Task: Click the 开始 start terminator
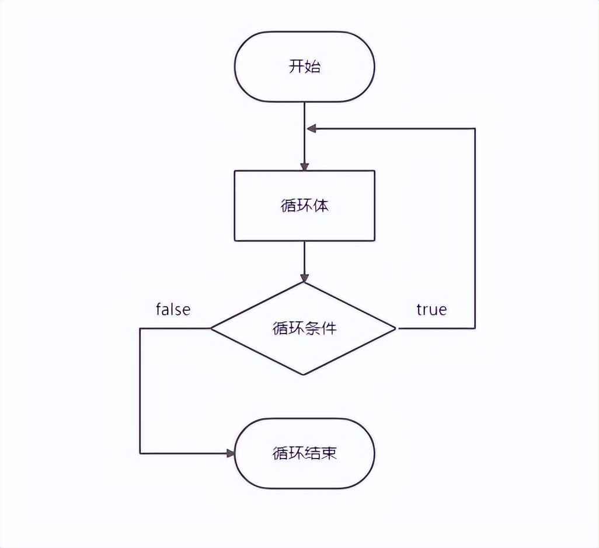304,67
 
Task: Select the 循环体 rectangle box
304,206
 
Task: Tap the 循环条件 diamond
304,328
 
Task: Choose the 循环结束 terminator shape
304,453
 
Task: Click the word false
173,309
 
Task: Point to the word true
431,309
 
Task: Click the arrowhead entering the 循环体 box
304,166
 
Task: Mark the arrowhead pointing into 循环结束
230,453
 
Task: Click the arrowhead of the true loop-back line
311,129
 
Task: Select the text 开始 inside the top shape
304,67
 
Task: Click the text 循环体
304,206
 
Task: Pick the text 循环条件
304,328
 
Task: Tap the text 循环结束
304,453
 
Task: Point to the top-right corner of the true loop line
475,129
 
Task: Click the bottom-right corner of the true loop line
475,328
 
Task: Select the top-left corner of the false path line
140,328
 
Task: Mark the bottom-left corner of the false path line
140,453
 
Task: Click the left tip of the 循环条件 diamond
211,328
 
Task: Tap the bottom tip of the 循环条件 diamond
304,374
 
